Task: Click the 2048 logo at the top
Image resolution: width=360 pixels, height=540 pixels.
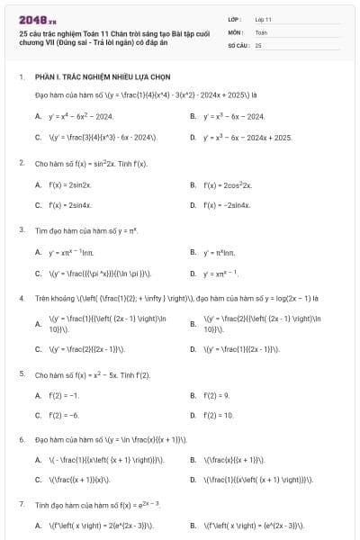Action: tap(31, 18)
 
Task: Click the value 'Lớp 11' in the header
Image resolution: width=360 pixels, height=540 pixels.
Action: tap(263, 18)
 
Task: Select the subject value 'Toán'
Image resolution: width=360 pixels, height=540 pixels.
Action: tap(261, 31)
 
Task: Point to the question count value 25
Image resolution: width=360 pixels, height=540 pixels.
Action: tap(258, 44)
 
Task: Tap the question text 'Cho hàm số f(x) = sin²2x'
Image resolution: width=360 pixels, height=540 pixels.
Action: tap(91, 164)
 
